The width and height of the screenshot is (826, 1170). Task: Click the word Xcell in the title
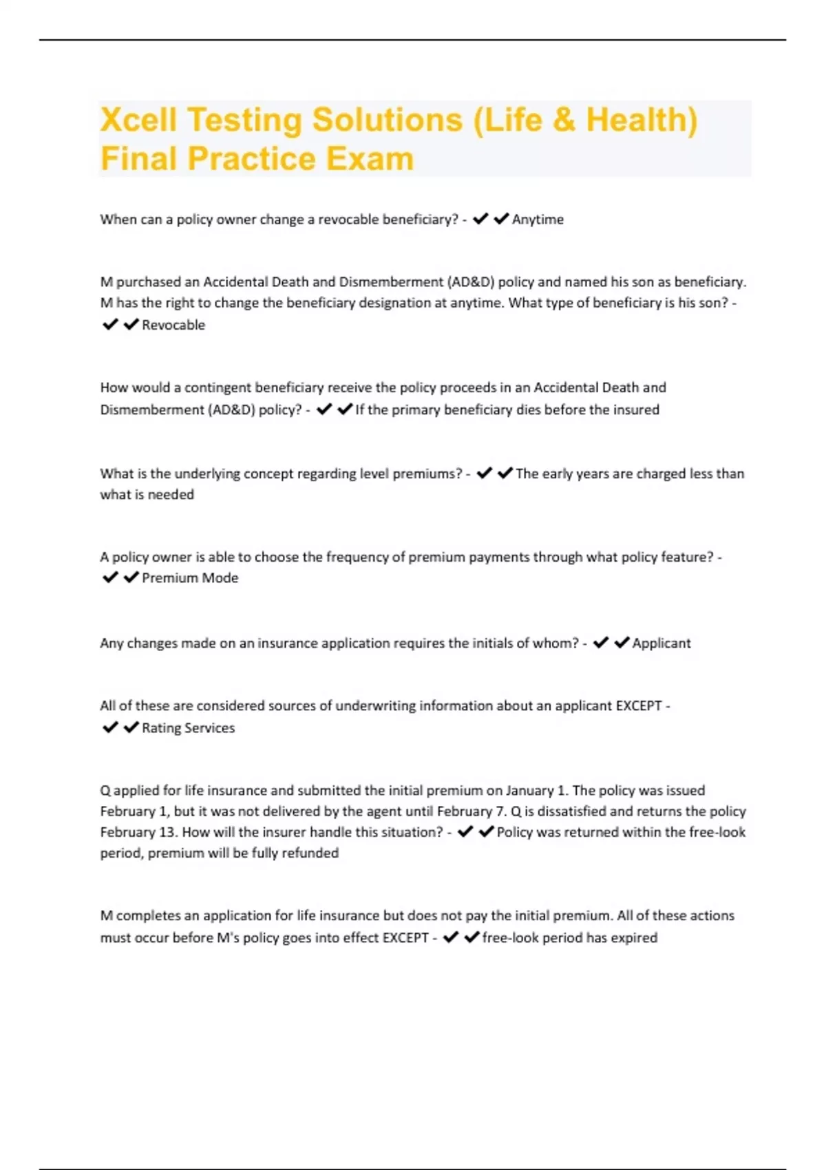tap(140, 120)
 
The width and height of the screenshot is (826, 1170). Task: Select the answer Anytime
tap(538, 220)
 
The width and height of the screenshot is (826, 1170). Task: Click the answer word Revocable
tap(173, 325)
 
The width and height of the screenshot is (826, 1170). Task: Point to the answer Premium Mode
tap(190, 578)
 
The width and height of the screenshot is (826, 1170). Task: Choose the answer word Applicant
tap(661, 643)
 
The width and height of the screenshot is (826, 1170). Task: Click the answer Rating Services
tap(188, 728)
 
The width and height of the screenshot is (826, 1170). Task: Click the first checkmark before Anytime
tap(480, 219)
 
